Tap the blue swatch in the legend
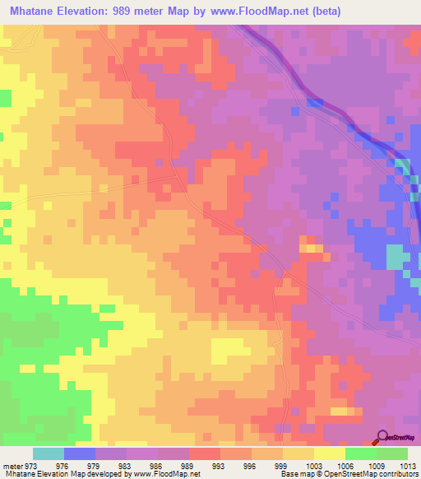(x=79, y=453)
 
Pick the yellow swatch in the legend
(x=330, y=453)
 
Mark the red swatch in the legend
(x=204, y=453)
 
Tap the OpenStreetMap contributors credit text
(x=371, y=475)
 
